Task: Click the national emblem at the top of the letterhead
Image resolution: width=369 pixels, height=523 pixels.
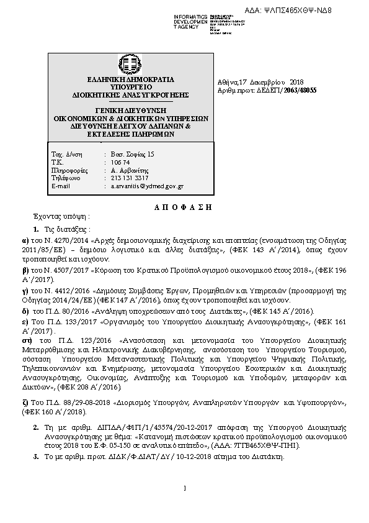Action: click(130, 65)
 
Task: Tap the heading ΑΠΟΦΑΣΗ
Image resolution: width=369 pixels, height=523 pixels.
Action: click(183, 206)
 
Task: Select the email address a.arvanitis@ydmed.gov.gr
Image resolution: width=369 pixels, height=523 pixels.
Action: click(147, 185)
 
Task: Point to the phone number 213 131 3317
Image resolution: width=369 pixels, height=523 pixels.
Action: click(127, 177)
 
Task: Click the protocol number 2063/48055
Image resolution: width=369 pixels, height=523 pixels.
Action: click(300, 90)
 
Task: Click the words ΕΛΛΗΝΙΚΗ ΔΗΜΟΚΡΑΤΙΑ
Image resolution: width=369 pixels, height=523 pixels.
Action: click(130, 80)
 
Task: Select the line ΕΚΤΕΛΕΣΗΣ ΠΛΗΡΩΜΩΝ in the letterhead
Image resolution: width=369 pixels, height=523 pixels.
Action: click(130, 133)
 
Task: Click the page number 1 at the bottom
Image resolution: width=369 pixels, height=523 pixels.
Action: click(185, 487)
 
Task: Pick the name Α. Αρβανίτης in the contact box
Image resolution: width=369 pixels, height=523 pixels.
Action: click(127, 169)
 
